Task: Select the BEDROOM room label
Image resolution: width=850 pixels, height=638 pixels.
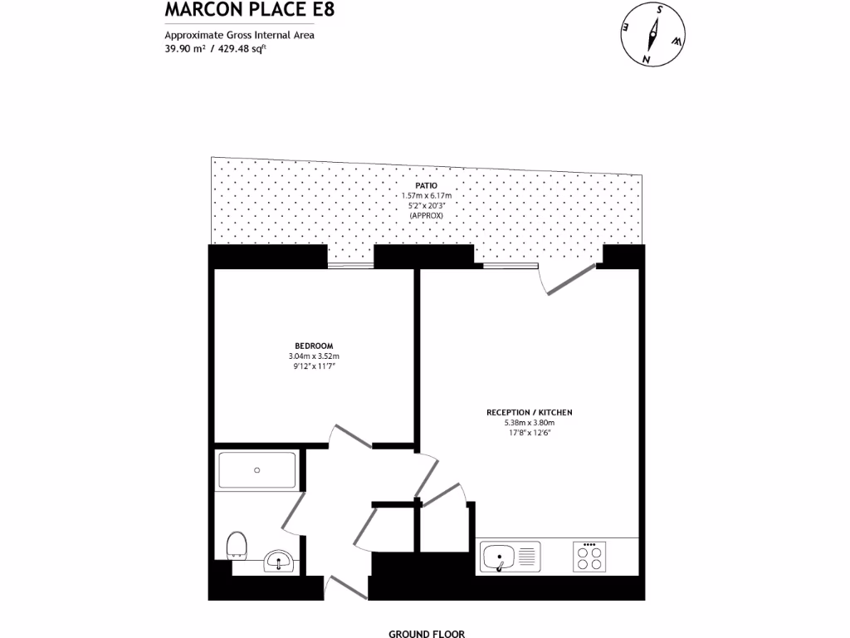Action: click(314, 346)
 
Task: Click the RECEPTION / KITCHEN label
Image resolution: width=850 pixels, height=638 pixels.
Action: click(530, 412)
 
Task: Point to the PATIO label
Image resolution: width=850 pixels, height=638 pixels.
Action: click(426, 185)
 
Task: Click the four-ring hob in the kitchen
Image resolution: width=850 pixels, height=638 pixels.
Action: click(590, 556)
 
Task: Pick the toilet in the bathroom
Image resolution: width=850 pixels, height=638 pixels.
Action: click(237, 545)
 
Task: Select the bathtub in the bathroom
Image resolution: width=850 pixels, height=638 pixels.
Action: click(256, 470)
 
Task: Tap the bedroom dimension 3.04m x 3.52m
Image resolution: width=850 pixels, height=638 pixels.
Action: click(314, 356)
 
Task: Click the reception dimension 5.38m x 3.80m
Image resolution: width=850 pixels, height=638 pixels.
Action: click(530, 422)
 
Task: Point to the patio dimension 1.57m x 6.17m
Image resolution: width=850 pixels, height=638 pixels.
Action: click(426, 195)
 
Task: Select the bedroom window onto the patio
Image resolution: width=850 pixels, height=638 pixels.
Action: click(349, 267)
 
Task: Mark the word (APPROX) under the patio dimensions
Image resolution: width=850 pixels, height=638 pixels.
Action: click(426, 215)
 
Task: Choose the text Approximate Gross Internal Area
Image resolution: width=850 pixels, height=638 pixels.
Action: click(239, 35)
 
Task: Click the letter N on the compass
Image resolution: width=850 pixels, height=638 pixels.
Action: click(645, 58)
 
